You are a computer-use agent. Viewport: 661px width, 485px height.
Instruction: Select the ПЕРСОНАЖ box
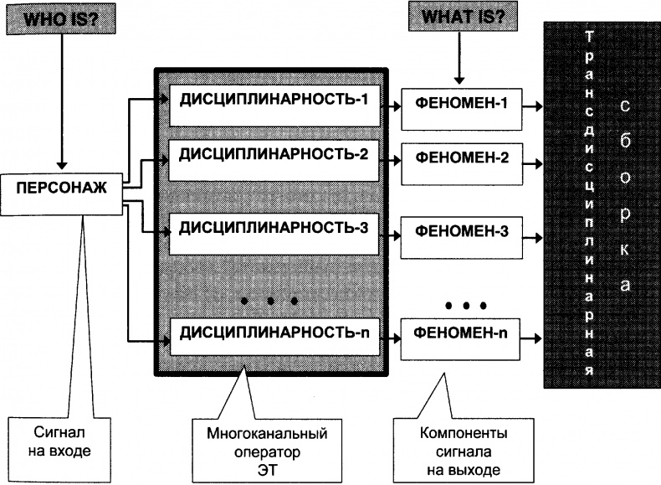(62, 187)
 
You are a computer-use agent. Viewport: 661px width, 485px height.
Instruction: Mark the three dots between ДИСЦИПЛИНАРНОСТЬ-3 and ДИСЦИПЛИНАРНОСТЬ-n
(269, 299)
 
